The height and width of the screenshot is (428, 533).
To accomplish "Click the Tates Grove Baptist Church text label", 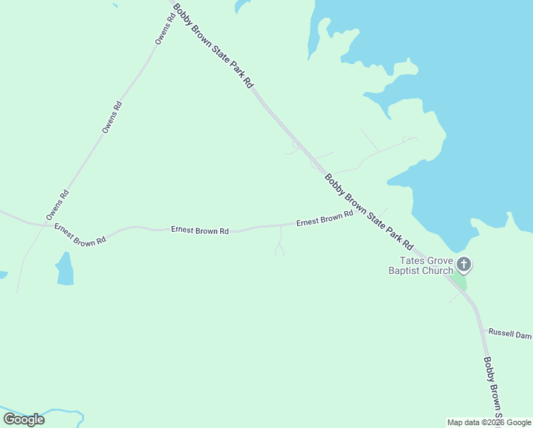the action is (420, 266).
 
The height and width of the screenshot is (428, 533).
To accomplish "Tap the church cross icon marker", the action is (464, 265).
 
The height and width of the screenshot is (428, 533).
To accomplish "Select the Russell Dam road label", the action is (509, 333).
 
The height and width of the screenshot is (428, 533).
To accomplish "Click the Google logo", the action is (24, 419).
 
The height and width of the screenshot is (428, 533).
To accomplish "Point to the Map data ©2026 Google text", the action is (489, 422).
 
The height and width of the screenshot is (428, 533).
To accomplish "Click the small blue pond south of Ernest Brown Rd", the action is (65, 269).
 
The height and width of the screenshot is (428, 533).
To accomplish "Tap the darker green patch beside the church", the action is (460, 282).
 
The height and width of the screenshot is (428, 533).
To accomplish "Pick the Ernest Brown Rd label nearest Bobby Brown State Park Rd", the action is (325, 218).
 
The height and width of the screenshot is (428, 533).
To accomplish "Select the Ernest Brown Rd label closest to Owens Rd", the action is (80, 235).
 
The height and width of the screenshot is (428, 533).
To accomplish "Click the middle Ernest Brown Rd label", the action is (200, 230).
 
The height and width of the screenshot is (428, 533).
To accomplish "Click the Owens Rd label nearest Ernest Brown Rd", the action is (57, 205).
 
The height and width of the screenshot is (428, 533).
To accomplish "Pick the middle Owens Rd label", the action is (112, 118).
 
